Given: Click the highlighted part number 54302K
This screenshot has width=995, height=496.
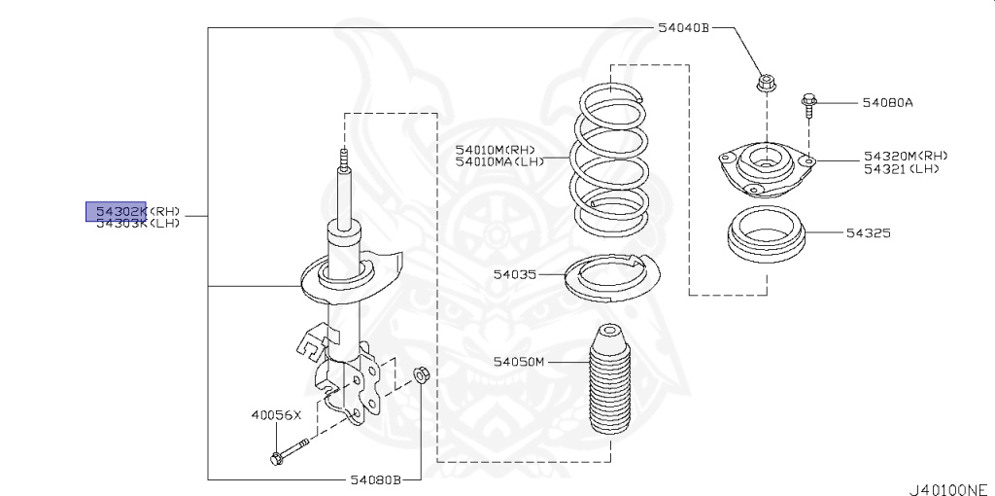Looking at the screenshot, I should tap(116, 210).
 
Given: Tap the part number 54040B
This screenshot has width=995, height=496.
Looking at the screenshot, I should tap(684, 28).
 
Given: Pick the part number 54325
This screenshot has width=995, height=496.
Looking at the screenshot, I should tap(868, 233).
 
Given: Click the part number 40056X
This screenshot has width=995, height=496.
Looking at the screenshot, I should tap(278, 415).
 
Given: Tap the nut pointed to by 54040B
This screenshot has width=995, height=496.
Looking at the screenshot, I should tap(764, 85).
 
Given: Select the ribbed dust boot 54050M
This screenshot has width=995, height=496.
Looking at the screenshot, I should tap(609, 388).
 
